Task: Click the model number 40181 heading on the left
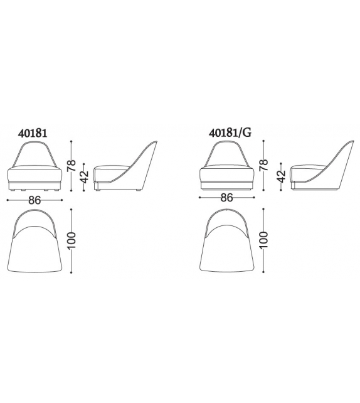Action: point(33,133)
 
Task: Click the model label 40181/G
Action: point(230,133)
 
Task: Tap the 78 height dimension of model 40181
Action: point(71,166)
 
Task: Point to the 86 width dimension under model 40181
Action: point(34,200)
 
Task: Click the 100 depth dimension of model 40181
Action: point(71,240)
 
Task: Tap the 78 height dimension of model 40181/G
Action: point(263,165)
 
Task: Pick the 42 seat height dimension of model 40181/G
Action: point(281,176)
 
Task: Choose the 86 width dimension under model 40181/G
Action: point(227,197)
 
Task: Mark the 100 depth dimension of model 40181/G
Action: point(263,240)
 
